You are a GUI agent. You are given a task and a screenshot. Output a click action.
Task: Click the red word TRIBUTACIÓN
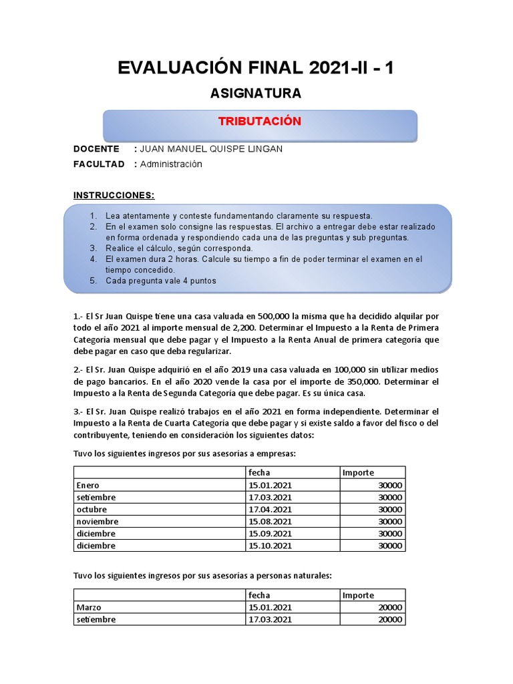(260, 122)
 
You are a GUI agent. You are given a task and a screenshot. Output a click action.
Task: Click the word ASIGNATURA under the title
(256, 93)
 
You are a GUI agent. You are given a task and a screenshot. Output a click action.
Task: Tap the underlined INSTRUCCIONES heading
(114, 196)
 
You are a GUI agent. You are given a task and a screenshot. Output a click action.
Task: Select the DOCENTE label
(97, 149)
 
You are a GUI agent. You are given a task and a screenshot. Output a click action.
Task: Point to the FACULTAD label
(99, 164)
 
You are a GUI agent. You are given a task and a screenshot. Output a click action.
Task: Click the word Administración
(171, 164)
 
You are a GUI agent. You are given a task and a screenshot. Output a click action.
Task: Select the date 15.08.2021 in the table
(270, 521)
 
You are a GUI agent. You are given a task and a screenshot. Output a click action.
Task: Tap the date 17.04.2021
(270, 509)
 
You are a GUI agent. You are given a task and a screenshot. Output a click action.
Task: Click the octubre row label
(92, 509)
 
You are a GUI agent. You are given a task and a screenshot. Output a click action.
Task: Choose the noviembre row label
(98, 521)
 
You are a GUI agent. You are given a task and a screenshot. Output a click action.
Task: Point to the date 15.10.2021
(270, 546)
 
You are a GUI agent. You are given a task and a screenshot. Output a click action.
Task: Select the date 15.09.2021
(270, 534)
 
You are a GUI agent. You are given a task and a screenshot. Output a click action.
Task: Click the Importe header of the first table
(358, 473)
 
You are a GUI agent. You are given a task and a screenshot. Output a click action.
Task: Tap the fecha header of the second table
(259, 595)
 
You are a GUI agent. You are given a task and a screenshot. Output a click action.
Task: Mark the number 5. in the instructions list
(94, 281)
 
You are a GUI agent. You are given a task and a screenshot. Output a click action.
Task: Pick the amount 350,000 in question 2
(341, 381)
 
